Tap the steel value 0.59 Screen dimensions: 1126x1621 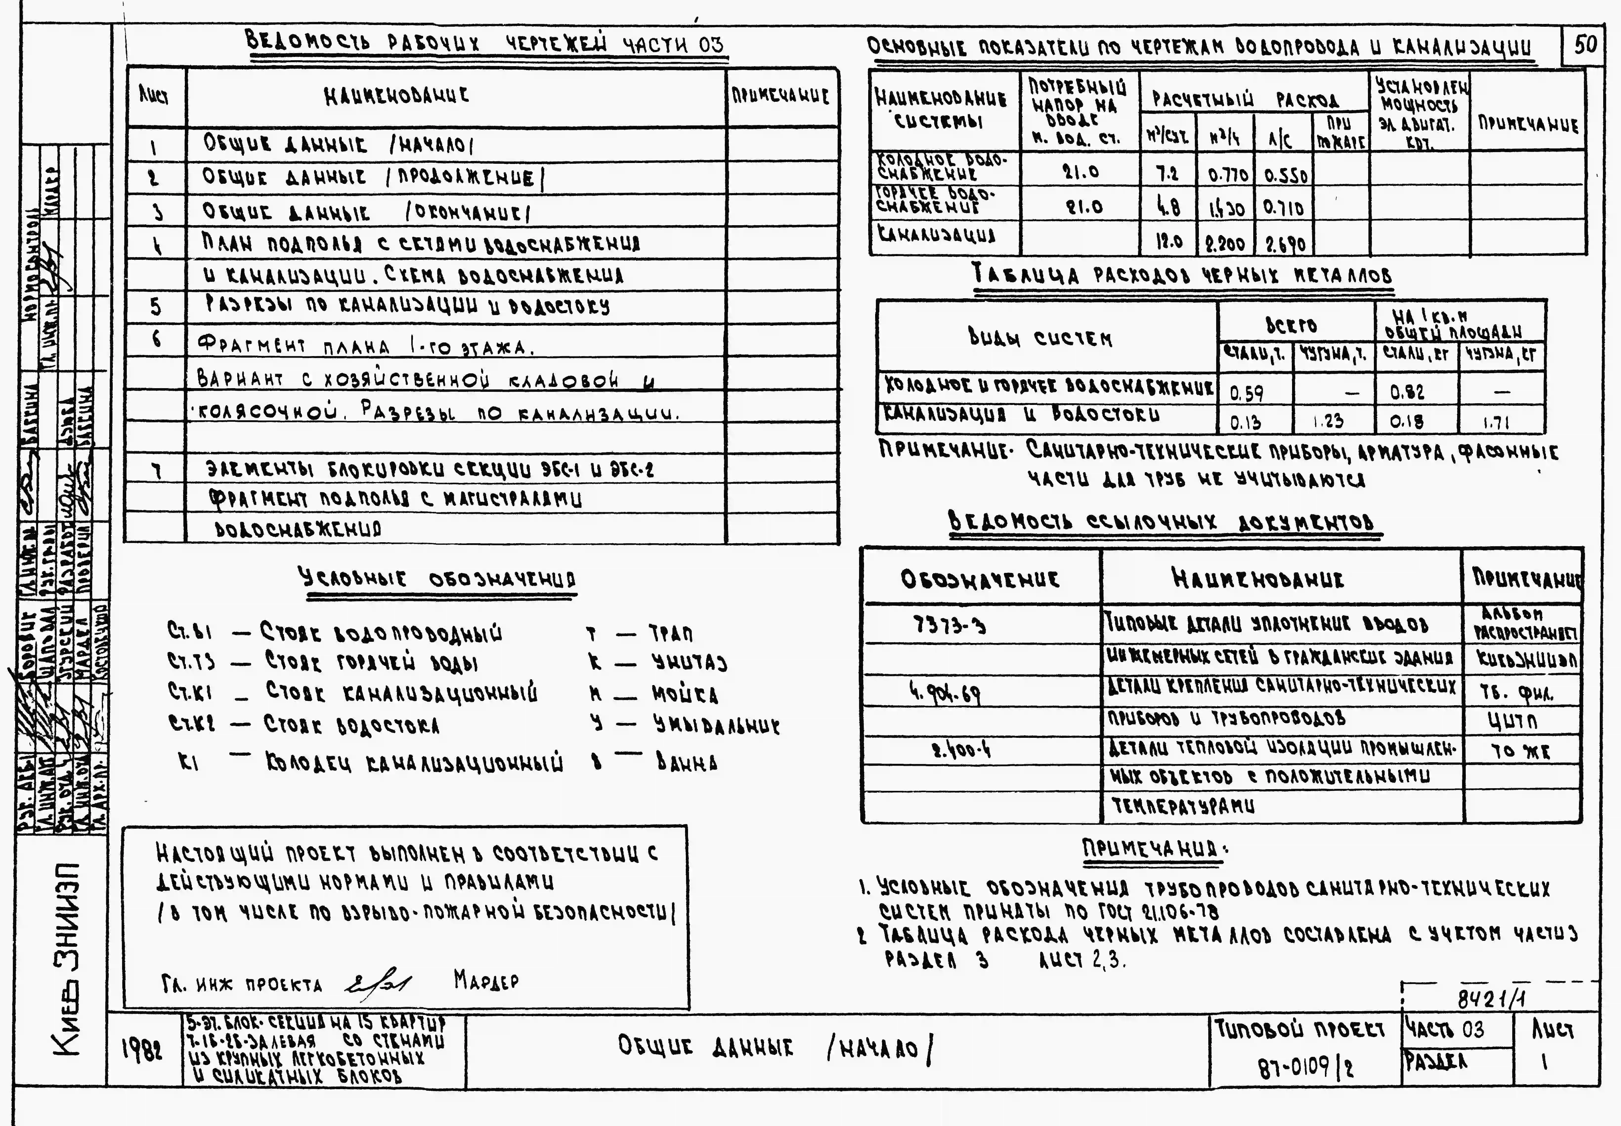tap(1246, 392)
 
